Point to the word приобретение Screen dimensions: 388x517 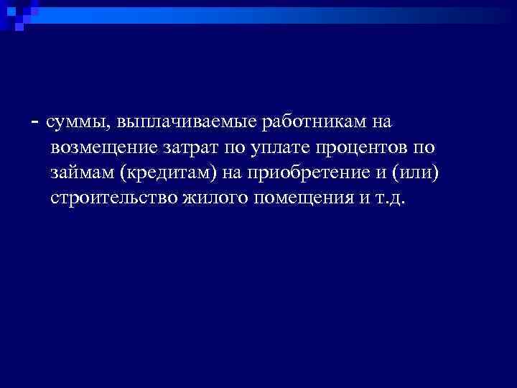tap(312, 173)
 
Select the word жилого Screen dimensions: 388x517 tap(208, 198)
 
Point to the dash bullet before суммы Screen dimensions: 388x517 tap(35, 123)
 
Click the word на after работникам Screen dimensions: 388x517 tap(381, 123)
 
